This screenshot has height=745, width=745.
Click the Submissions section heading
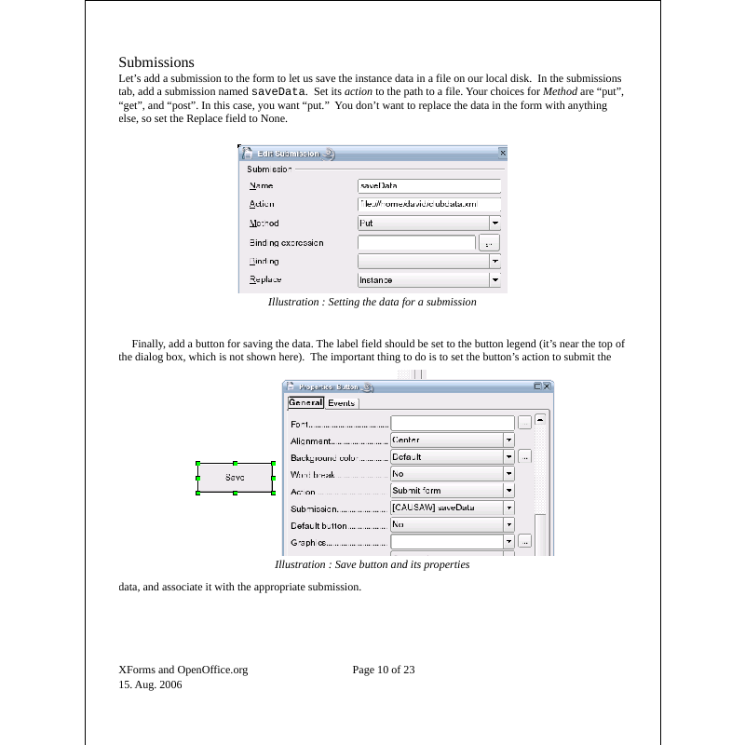(x=156, y=62)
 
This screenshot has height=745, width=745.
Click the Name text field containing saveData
(x=429, y=186)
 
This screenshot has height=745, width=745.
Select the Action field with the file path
(x=429, y=205)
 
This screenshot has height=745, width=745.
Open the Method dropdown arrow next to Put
(x=495, y=223)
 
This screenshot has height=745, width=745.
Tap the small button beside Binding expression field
(x=489, y=243)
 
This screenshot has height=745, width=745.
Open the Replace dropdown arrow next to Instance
(x=495, y=279)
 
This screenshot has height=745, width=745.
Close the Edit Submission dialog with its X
(x=503, y=153)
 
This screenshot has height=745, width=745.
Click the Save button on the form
(x=235, y=478)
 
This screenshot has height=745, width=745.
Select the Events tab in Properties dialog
(x=341, y=403)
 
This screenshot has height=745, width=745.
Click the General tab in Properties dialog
(x=305, y=403)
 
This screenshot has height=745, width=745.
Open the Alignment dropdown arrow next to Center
(x=509, y=440)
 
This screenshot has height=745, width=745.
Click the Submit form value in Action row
(x=446, y=491)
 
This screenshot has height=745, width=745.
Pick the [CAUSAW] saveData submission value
(x=446, y=508)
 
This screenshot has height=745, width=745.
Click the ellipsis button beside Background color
(x=525, y=457)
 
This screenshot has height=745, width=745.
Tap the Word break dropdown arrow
(x=509, y=474)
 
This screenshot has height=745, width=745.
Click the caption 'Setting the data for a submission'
(x=372, y=303)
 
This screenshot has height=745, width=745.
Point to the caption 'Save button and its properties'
(x=372, y=564)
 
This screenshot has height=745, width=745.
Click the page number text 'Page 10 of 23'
(x=384, y=670)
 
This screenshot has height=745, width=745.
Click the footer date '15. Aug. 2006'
(x=150, y=684)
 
